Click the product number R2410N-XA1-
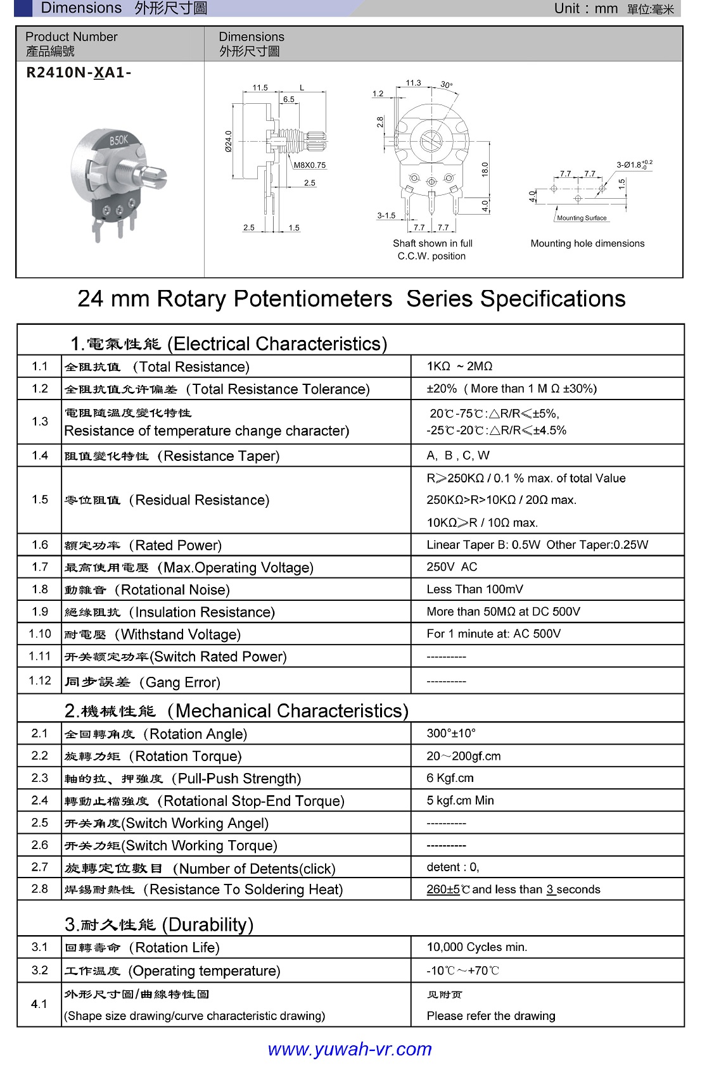coord(79,73)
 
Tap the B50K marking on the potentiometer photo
coord(118,141)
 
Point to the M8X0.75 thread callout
coord(310,165)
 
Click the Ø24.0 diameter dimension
coord(229,141)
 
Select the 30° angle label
coord(447,85)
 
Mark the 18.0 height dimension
coord(485,169)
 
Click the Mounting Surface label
coord(582,218)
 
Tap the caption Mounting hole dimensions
coord(587,244)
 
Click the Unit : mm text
coord(585,8)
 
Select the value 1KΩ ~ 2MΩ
coord(459,367)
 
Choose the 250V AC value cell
coord(452,567)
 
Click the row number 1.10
coord(40,634)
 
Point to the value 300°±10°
coord(451,733)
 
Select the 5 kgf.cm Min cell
coord(460,800)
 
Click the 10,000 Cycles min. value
coord(476,947)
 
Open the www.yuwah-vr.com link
coord(350,1049)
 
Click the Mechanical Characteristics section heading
coord(236,711)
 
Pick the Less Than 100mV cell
coord(475,589)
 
